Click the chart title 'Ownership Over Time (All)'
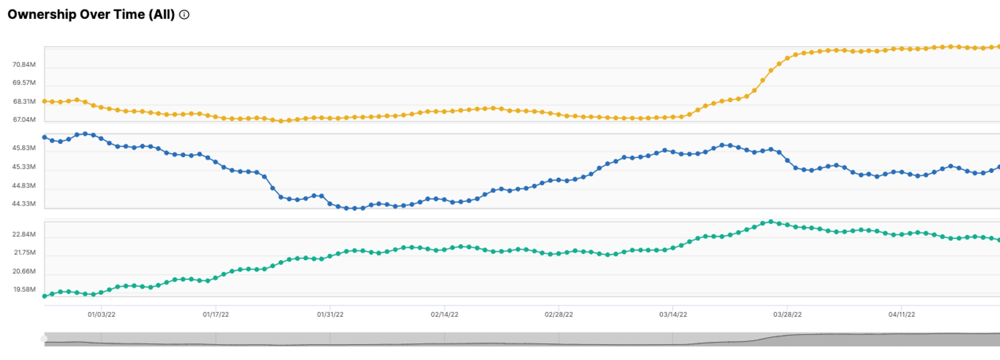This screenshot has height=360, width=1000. pos(91,14)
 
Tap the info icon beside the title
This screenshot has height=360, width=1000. pos(184,15)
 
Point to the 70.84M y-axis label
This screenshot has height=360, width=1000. pos(24,64)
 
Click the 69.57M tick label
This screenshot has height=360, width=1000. pos(24,82)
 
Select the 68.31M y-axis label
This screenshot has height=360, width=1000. pos(24,101)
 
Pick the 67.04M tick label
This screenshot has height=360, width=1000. pos(24,119)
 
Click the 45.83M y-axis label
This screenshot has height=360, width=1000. pos(24,148)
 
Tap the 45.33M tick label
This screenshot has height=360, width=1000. pos(24,167)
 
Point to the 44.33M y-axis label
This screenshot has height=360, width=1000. pos(24,204)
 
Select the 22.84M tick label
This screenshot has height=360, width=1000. pos(24,234)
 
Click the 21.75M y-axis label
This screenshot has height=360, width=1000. pos(24,252)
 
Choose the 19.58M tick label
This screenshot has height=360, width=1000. pos(24,289)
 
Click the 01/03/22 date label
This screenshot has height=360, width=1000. pos(101,314)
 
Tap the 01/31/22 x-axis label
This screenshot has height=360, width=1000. pos(330,314)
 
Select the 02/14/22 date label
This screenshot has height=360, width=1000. pos(444,314)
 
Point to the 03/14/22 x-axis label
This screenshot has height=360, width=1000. pos(673,314)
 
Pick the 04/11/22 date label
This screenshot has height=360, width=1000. pos(901,314)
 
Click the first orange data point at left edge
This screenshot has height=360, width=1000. pos(44,101)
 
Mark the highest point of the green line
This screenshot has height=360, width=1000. pos(770,221)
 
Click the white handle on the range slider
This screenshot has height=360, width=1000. pos(44,339)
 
